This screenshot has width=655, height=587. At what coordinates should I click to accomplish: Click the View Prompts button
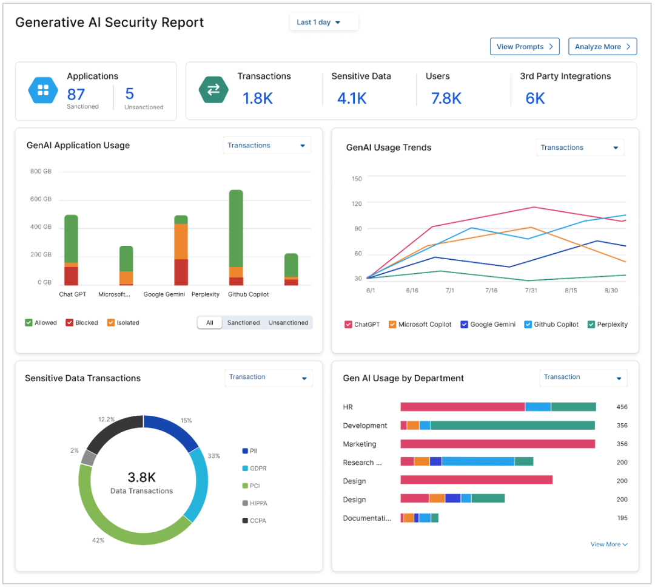pos(524,47)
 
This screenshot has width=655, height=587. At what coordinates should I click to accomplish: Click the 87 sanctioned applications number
pos(76,94)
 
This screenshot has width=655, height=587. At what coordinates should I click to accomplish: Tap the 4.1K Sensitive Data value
pos(352,98)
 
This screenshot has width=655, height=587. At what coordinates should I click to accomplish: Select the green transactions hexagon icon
pos(213,90)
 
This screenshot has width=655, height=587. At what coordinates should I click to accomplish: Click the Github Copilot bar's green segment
pos(236,228)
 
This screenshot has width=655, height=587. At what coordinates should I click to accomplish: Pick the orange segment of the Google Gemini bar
pos(181,242)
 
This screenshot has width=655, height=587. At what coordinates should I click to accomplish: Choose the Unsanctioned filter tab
pos(288,323)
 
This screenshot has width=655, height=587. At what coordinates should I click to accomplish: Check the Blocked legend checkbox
pos(70,323)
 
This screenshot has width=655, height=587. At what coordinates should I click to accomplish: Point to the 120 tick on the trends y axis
pos(357,204)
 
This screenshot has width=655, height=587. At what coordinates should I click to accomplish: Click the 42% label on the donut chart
pos(98,540)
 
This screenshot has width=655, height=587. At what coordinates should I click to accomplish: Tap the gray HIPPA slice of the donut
pos(89,458)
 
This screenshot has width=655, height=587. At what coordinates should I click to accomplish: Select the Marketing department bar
pos(497,444)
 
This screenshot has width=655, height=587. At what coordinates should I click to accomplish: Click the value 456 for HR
pos(622,407)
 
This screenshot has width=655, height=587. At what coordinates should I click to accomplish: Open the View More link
pos(608,545)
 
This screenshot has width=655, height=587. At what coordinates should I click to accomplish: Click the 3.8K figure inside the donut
pos(141,477)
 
